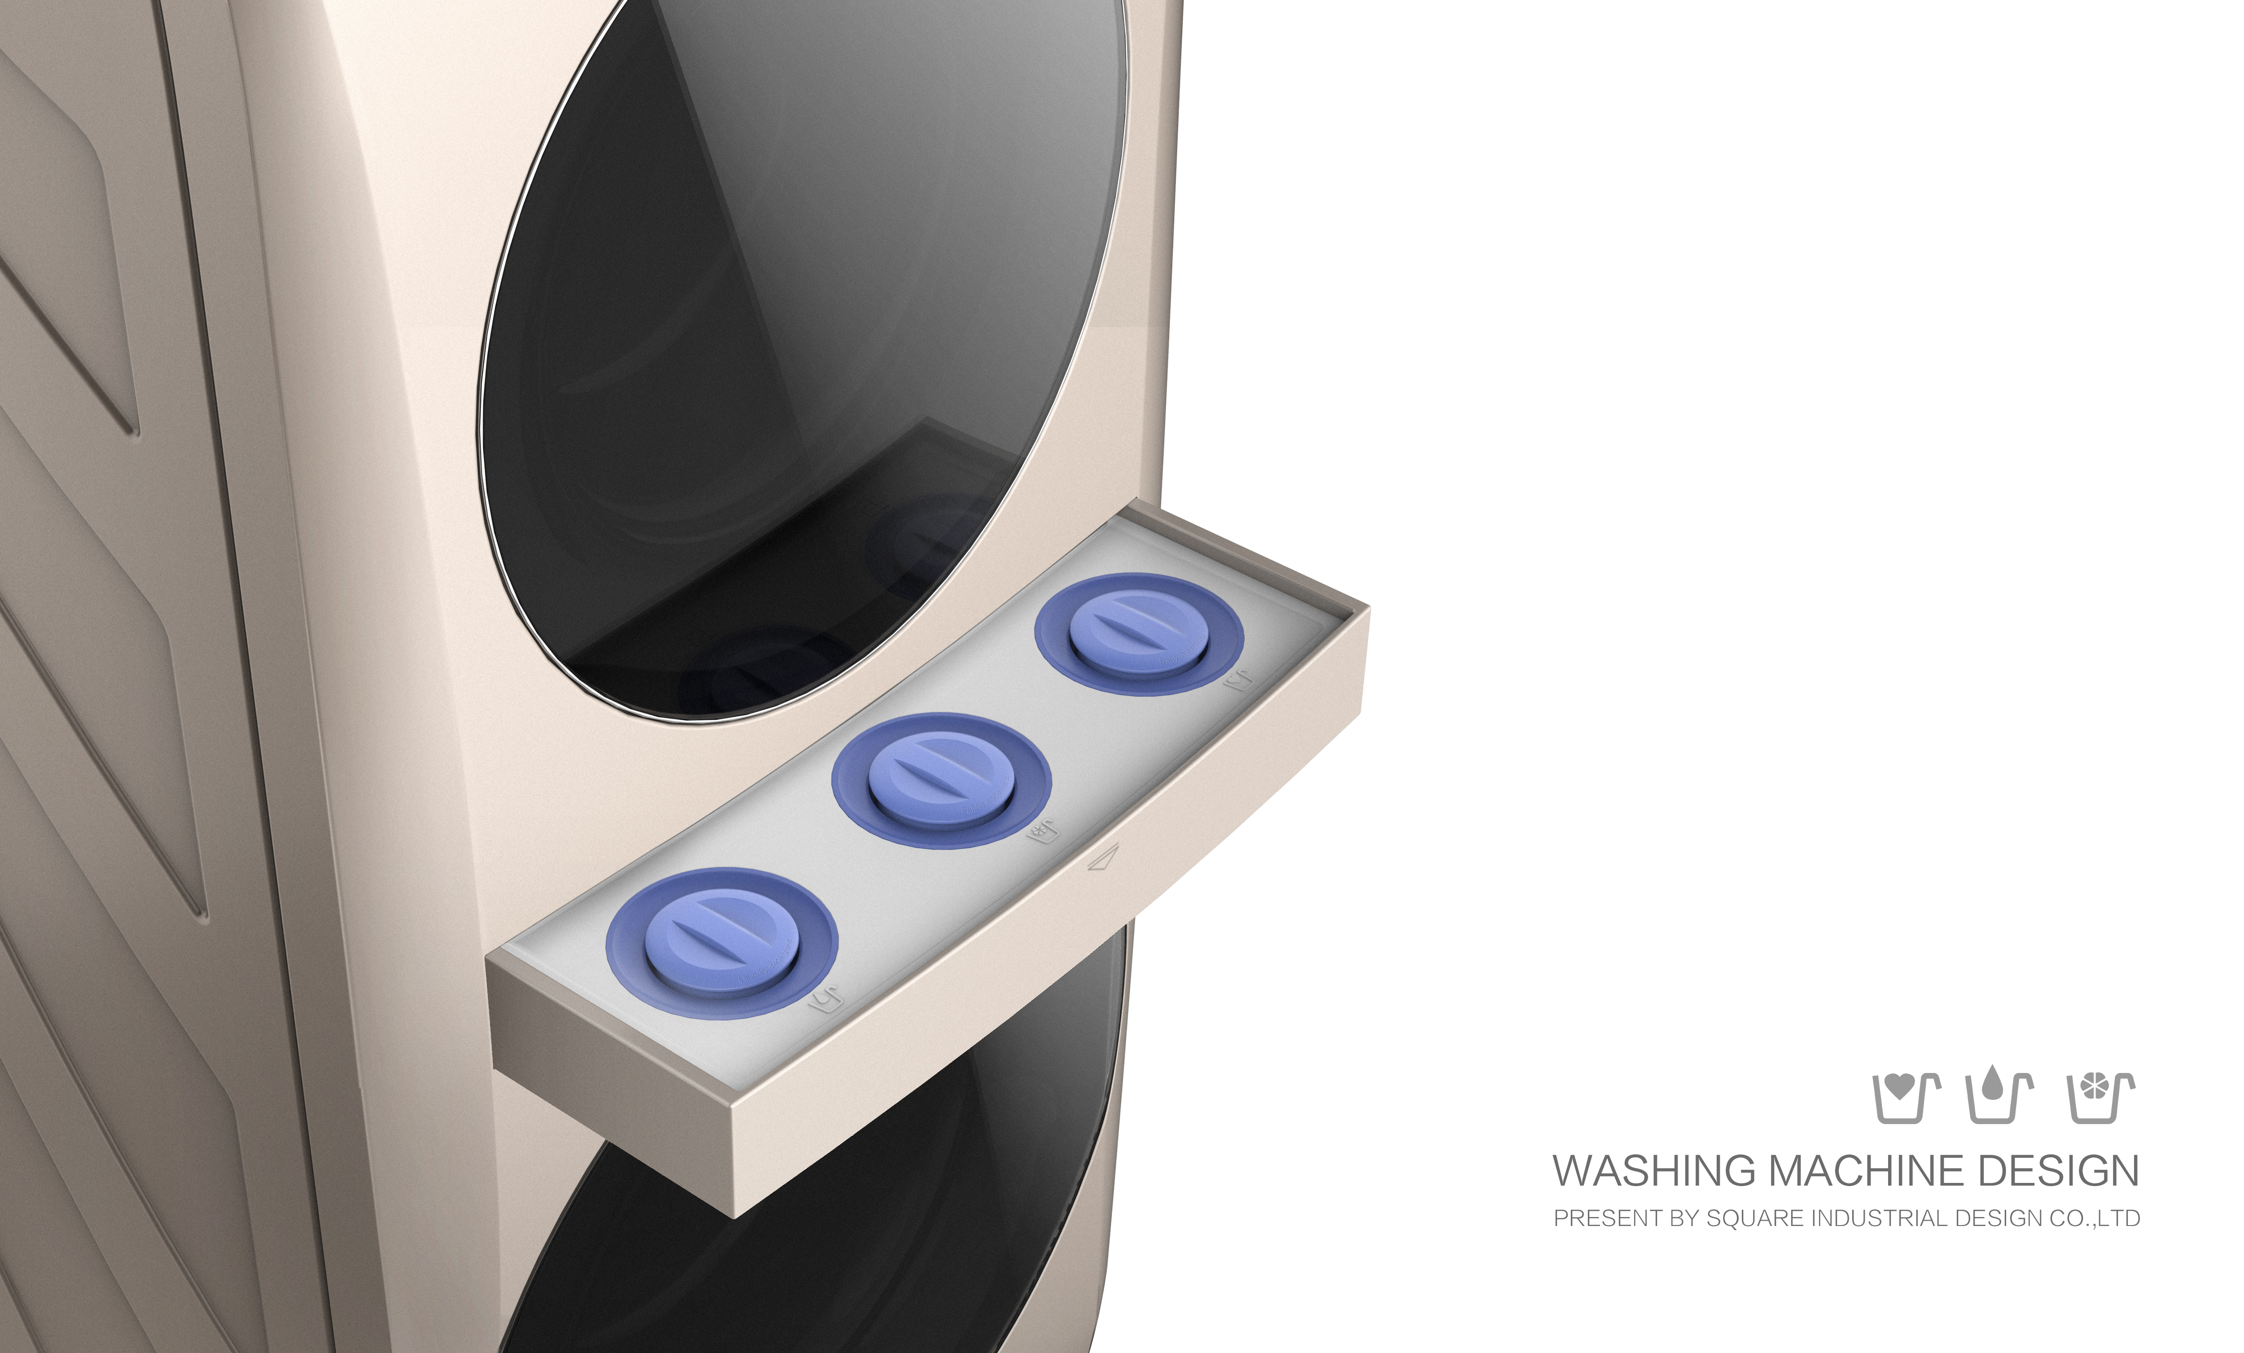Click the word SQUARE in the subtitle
[x=1744, y=1218]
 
